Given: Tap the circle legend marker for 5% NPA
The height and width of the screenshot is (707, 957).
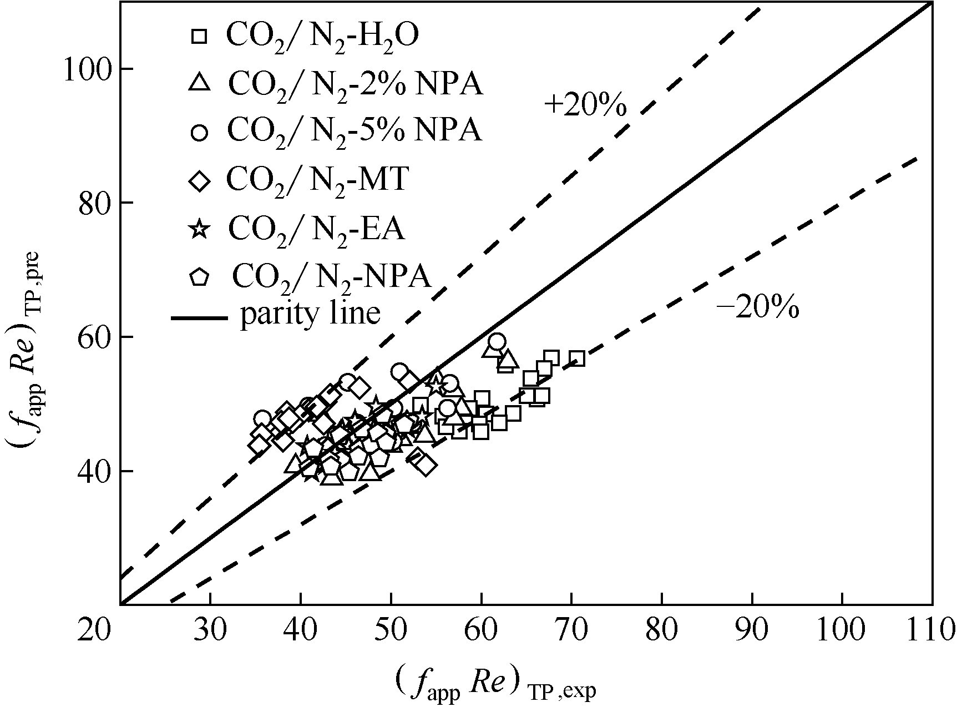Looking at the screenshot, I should pos(199,133).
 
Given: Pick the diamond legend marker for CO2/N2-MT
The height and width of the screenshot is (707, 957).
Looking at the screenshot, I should pos(199,181).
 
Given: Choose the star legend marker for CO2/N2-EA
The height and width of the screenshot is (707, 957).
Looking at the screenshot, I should pos(199,229).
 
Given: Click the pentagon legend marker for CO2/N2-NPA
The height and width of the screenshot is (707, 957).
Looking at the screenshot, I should pos(199,276).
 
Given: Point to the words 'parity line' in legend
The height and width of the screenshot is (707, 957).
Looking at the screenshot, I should pos(310,314).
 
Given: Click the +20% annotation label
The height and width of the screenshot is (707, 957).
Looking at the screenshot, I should pos(585,105).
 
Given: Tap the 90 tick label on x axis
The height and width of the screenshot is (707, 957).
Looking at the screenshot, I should pos(752,629).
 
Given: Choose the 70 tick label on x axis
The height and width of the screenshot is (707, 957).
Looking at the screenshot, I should pos(571,629).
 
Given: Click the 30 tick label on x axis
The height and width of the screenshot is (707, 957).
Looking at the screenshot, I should pos(211,629).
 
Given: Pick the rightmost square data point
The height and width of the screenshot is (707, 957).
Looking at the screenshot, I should pos(576,358).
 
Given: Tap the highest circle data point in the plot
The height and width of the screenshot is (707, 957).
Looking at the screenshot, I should pos(497,341).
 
